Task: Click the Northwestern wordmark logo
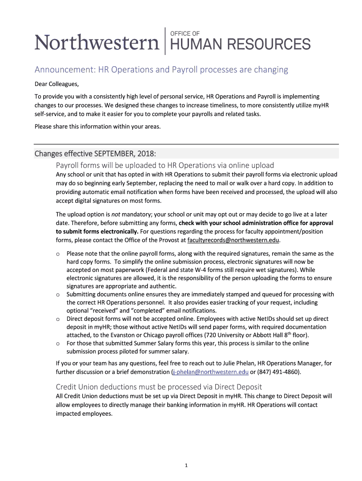[97, 44]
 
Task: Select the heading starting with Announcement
[161, 70]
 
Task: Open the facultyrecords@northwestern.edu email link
[233, 240]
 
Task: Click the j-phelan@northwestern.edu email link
[211, 372]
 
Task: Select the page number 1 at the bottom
[187, 465]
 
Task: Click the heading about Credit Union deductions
[158, 387]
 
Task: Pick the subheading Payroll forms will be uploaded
[165, 165]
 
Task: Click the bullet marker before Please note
[57, 254]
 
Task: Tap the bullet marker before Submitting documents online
[57, 295]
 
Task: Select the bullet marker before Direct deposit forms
[57, 319]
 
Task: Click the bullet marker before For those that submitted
[57, 343]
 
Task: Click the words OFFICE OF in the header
[184, 33]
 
